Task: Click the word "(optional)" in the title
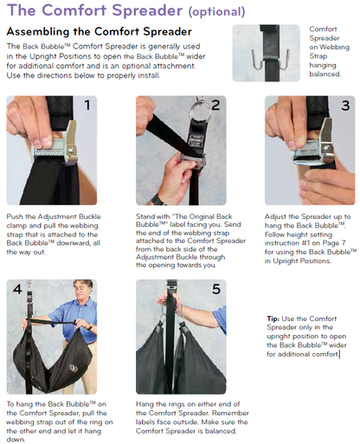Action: tap(216, 11)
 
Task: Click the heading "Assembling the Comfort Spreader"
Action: tap(99, 31)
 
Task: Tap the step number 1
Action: tap(87, 105)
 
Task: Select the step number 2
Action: tap(215, 106)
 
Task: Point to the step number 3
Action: tap(345, 106)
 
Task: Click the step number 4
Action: tap(17, 289)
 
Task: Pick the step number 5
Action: tap(216, 289)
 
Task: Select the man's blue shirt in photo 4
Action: tap(75, 319)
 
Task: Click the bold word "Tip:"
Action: tap(273, 319)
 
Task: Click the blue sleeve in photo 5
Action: tap(220, 319)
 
